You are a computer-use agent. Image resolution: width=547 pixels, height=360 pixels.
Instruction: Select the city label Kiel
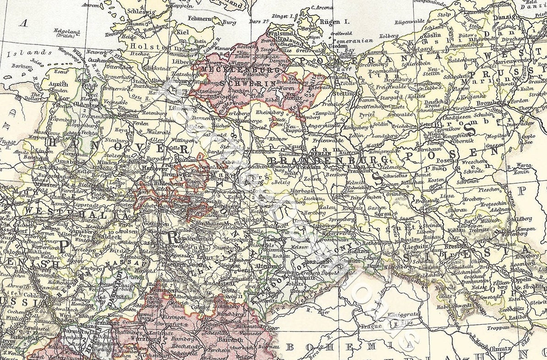point(182,32)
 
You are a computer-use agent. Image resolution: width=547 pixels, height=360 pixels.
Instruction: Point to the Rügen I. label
point(330,22)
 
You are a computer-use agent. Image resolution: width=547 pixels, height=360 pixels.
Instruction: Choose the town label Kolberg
point(389,36)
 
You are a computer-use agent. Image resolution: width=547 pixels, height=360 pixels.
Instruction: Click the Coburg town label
point(198,307)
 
